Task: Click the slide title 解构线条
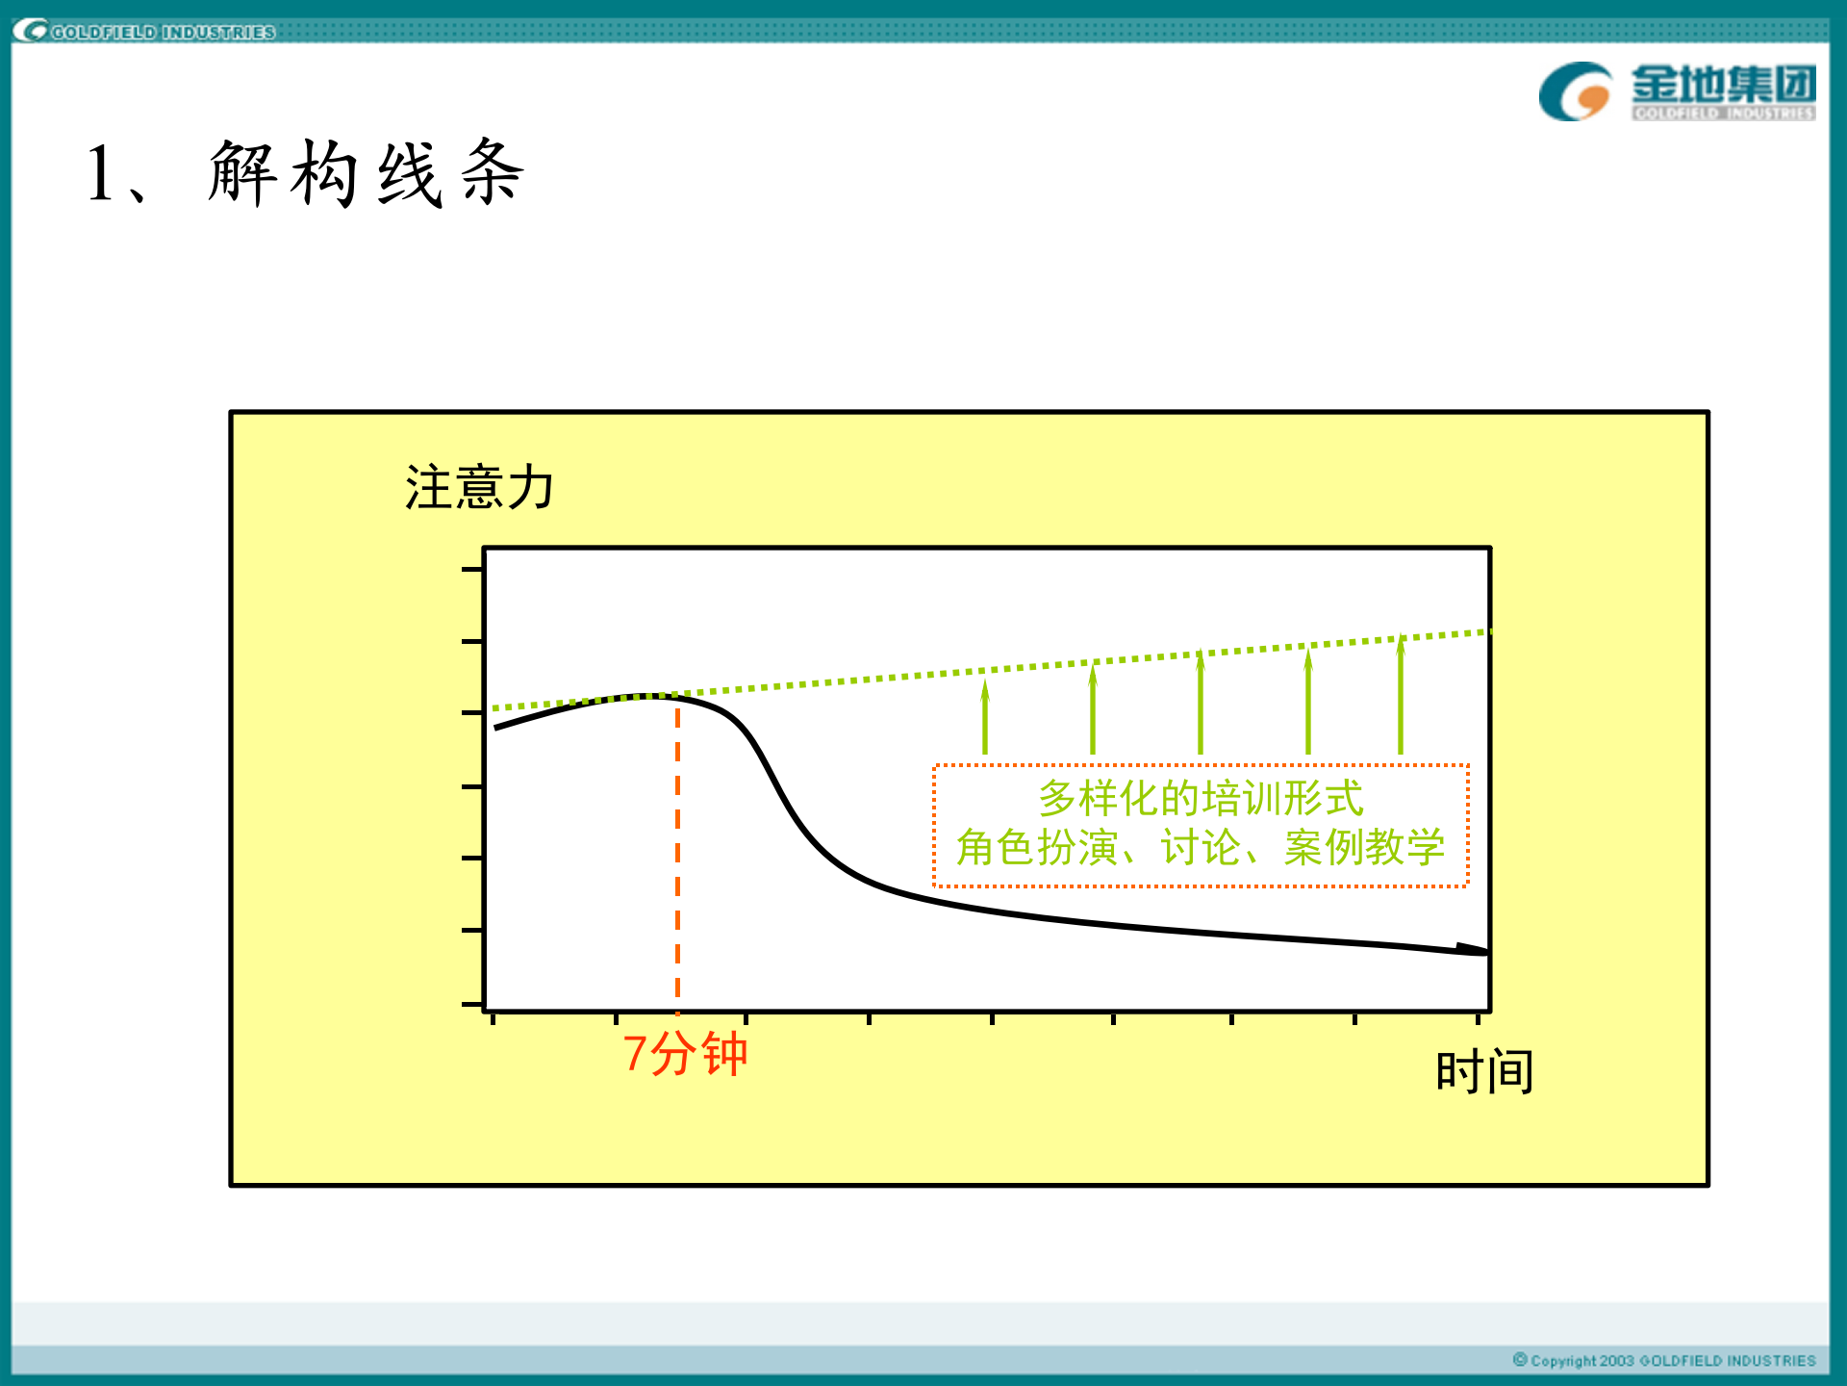click(x=366, y=174)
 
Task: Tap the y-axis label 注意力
click(x=478, y=487)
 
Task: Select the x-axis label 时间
click(x=1483, y=1071)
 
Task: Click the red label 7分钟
click(x=684, y=1054)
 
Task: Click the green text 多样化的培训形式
click(x=1201, y=798)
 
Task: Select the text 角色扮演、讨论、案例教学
click(x=1200, y=848)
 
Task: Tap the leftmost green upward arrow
click(x=985, y=717)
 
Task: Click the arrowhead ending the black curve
click(x=1474, y=949)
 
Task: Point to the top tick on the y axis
click(x=471, y=569)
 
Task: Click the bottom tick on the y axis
click(x=471, y=1004)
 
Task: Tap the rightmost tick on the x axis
click(x=1478, y=1018)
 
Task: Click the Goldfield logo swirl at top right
click(x=1575, y=91)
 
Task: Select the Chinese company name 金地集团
click(x=1723, y=84)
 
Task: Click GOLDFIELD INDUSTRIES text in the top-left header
click(x=163, y=32)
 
